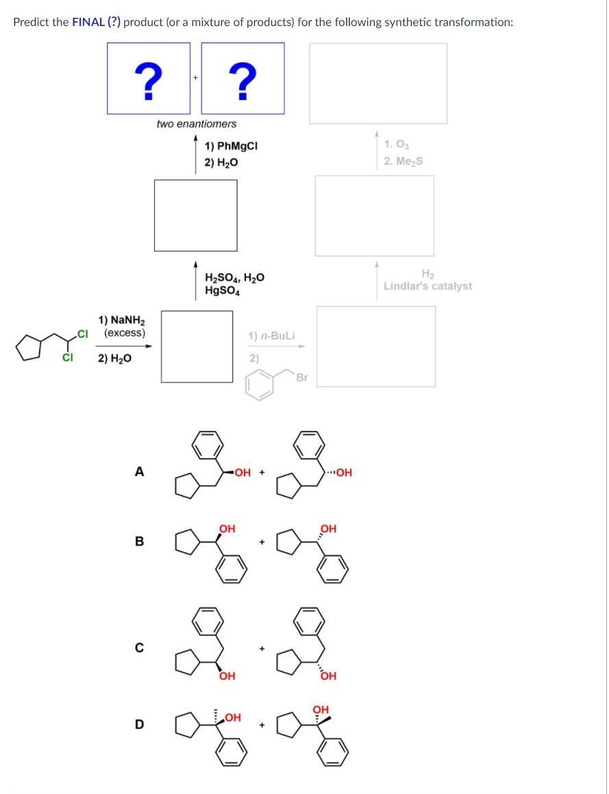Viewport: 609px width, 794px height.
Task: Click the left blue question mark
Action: [x=148, y=80]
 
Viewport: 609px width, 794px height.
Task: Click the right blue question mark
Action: [x=243, y=80]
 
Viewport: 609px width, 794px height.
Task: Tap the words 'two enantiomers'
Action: [x=196, y=124]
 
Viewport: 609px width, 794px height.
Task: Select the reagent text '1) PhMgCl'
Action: [x=231, y=147]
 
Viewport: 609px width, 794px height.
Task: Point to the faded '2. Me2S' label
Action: [x=403, y=161]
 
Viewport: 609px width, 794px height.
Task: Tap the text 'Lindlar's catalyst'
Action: [x=427, y=286]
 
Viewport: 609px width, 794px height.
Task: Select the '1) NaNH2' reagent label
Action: [x=121, y=320]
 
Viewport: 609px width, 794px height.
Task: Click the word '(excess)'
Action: [x=125, y=333]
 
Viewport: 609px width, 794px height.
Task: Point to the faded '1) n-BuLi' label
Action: [x=271, y=336]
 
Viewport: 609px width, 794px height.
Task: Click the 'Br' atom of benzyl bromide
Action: [x=302, y=377]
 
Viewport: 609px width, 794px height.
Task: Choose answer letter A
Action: [x=140, y=471]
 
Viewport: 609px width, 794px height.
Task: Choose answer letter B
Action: [x=140, y=541]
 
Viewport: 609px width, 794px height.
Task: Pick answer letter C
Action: [x=140, y=647]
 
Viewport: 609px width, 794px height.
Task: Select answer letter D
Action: [x=140, y=724]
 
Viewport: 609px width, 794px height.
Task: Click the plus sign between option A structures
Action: [x=262, y=472]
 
